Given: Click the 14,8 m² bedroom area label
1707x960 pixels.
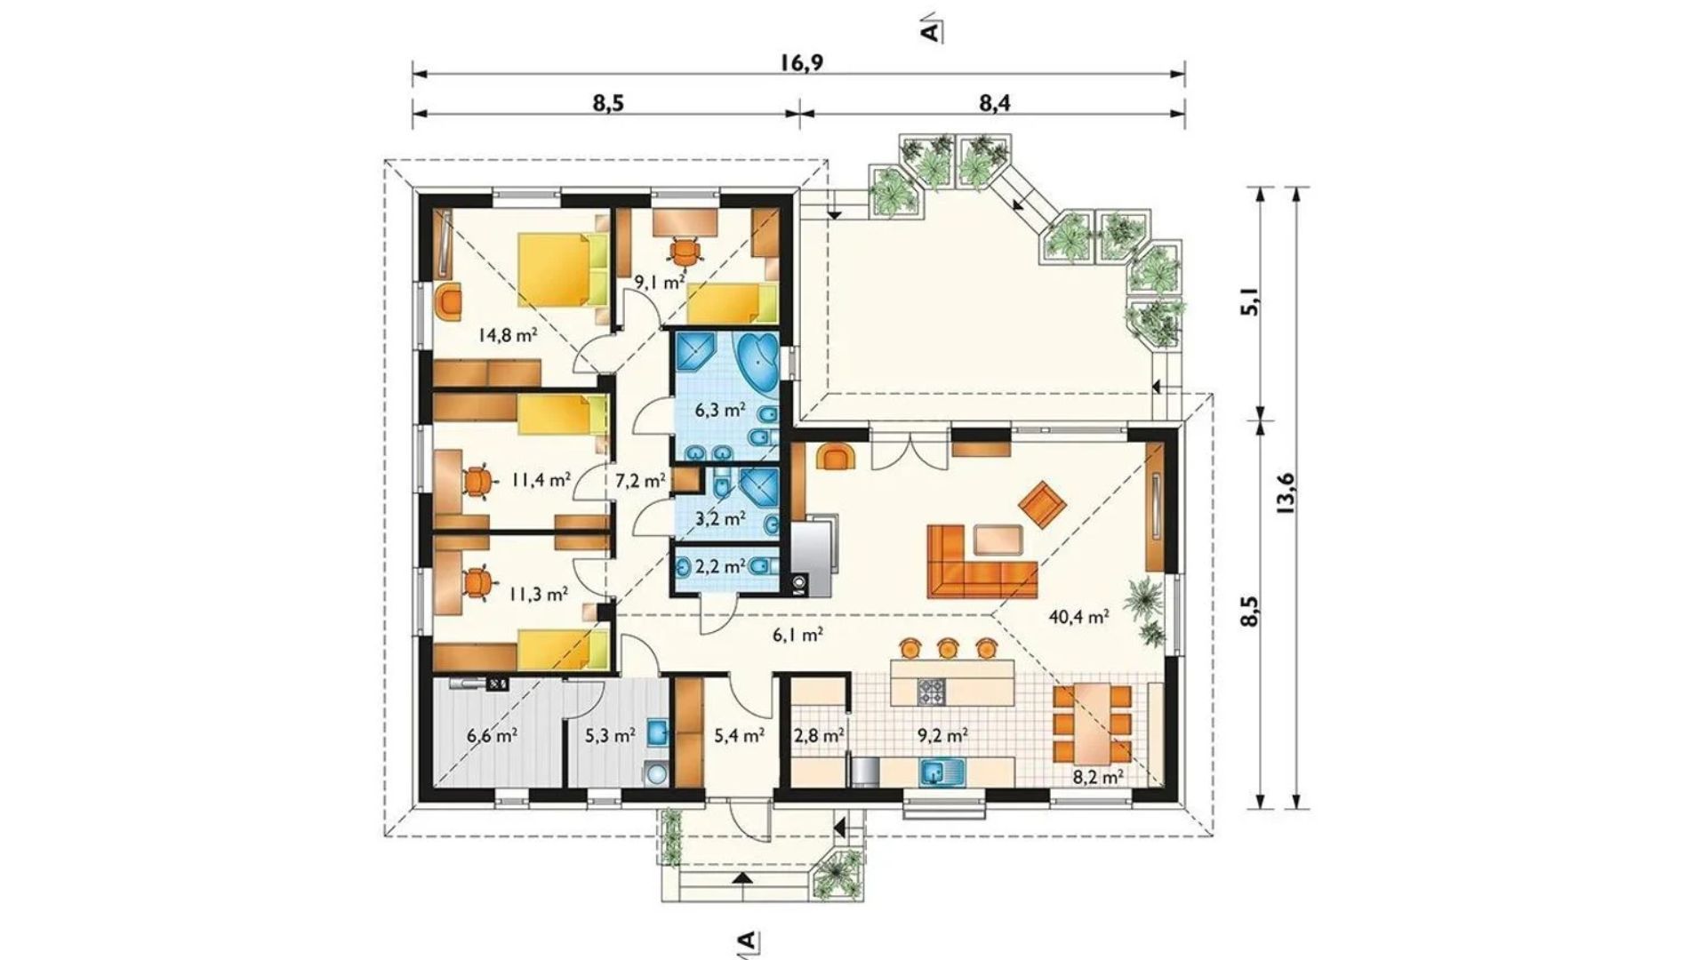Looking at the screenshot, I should pyautogui.click(x=507, y=336).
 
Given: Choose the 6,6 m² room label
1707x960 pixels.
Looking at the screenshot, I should pyautogui.click(x=492, y=736).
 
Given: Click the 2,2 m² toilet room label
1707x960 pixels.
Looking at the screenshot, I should pyautogui.click(x=718, y=566).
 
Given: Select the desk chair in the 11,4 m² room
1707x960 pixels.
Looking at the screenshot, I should pyautogui.click(x=477, y=481).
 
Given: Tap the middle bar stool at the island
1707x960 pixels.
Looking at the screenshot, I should pyautogui.click(x=949, y=647).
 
